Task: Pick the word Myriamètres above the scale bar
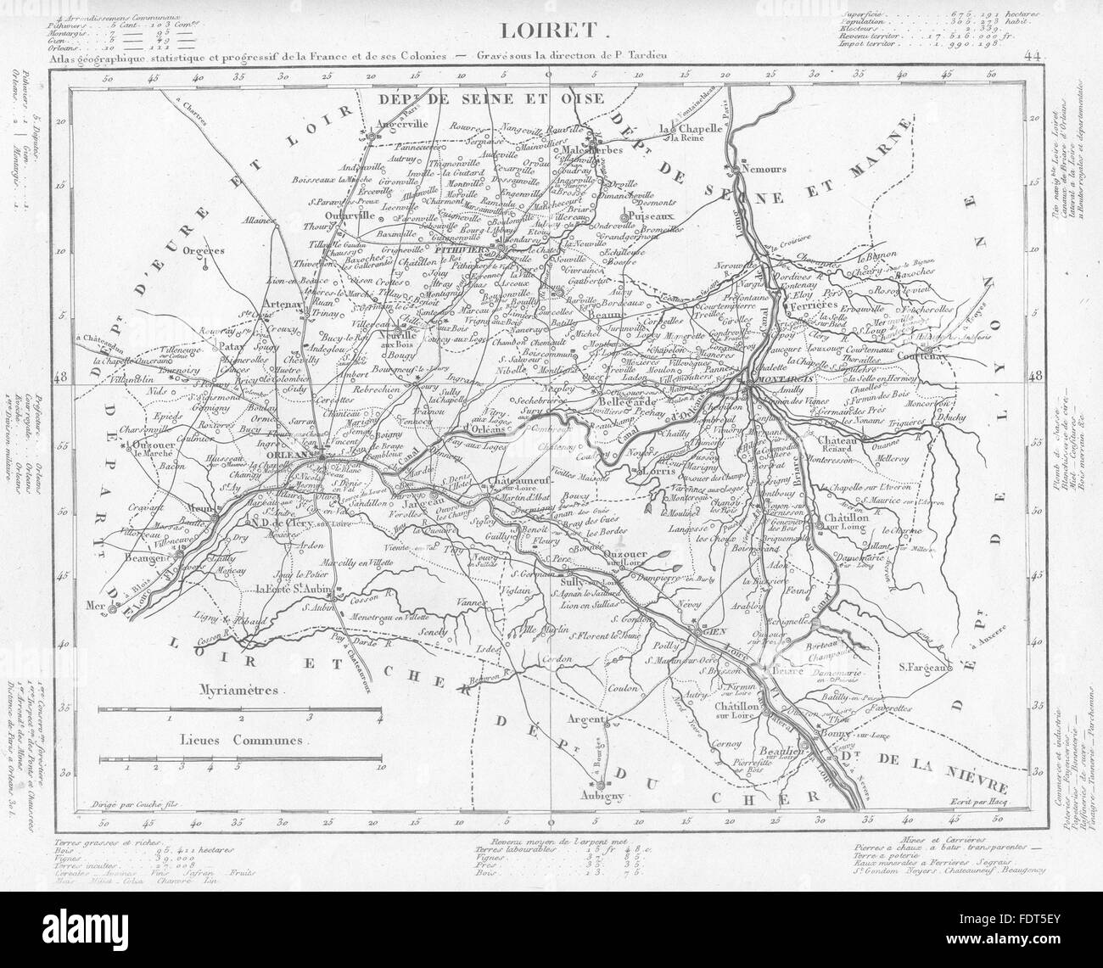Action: click(x=241, y=690)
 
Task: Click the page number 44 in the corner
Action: click(x=1031, y=58)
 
